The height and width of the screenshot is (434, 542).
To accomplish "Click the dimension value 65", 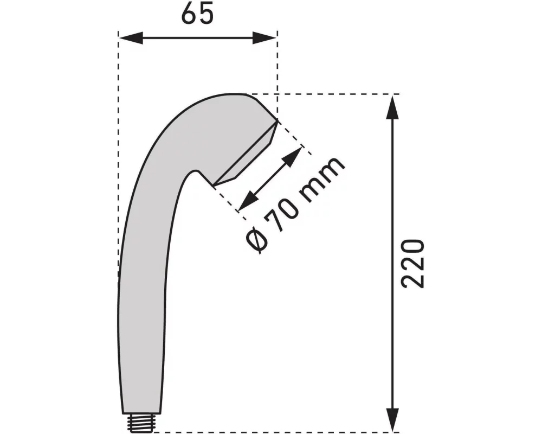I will point(197,15).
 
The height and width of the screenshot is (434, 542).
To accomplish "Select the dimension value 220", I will point(412,263).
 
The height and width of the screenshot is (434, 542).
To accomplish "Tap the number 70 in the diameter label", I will point(286,207).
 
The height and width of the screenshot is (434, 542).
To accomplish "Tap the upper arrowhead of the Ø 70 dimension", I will point(293,156).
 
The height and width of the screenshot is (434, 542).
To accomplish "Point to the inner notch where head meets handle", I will point(195,173).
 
